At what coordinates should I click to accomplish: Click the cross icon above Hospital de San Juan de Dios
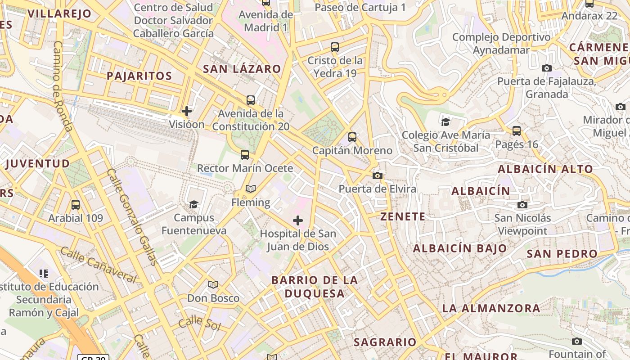[x=298, y=220]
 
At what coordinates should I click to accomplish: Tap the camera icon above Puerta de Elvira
[x=378, y=175]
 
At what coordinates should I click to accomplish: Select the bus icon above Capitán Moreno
[x=352, y=137]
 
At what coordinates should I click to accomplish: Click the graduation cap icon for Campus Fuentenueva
[x=193, y=204]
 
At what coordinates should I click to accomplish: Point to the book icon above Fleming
[x=251, y=189]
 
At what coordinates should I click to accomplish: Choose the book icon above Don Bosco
[x=213, y=285]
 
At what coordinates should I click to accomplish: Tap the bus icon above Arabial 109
[x=76, y=205]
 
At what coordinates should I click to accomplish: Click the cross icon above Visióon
[x=187, y=111]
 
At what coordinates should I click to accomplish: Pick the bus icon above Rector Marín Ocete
[x=245, y=155]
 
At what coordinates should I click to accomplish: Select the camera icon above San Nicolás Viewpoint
[x=522, y=205]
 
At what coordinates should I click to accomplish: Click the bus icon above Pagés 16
[x=517, y=131]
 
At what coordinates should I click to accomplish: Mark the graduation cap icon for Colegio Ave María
[x=445, y=121]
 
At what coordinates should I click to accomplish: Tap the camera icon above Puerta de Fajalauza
[x=547, y=68]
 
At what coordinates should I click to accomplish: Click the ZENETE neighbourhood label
[x=403, y=216]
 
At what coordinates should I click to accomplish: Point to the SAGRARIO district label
[x=385, y=342]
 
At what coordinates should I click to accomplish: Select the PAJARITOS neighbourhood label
[x=139, y=76]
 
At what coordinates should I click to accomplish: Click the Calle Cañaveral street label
[x=98, y=265]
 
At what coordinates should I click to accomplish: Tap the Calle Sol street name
[x=199, y=324]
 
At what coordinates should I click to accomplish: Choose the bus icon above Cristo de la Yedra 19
[x=335, y=47]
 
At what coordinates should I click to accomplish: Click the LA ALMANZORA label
[x=491, y=308]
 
